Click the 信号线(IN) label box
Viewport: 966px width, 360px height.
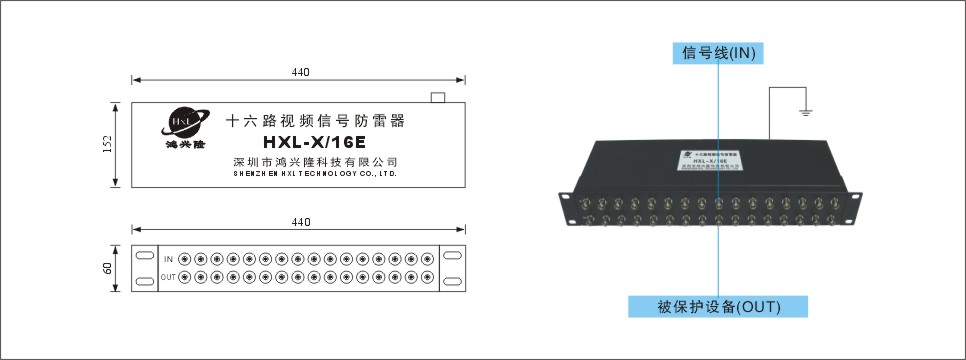[717, 53]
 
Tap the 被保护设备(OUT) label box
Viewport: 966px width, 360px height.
[718, 305]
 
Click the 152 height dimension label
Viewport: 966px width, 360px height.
[107, 145]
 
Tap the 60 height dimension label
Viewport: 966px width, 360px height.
[107, 268]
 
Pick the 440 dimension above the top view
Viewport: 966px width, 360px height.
[300, 73]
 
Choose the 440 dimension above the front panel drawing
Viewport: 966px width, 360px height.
[300, 222]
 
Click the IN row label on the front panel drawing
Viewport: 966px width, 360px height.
[169, 259]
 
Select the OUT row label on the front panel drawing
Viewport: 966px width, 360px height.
[169, 276]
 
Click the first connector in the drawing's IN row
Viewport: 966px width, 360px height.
[184, 259]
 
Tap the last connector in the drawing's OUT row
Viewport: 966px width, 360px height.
[428, 276]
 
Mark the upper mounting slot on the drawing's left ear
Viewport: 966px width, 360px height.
[145, 254]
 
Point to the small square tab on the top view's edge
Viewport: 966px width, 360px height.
[436, 98]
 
